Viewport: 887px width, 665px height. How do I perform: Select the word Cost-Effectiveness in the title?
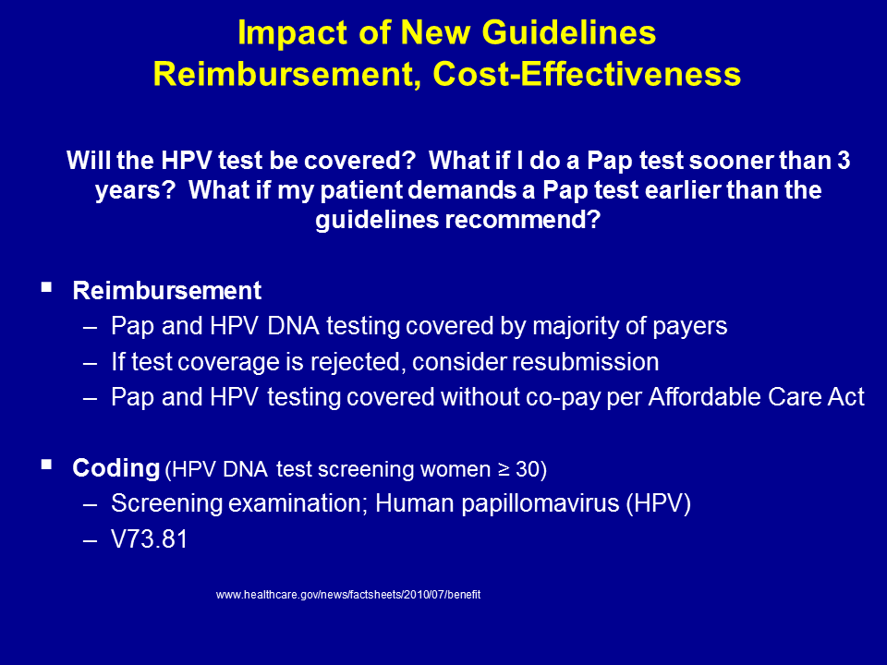coord(587,75)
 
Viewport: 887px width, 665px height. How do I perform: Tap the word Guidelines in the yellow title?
coord(569,32)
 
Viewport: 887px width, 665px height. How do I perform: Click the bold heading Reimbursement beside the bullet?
coord(167,291)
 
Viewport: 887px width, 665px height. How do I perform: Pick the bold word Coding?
coord(116,468)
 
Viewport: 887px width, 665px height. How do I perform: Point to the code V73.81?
coord(150,538)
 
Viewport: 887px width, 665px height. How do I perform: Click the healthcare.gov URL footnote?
coord(348,595)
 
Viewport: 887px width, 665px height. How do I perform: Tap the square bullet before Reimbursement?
coord(46,287)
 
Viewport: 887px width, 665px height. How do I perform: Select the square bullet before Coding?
coord(46,465)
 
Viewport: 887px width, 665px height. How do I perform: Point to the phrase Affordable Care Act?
coord(757,397)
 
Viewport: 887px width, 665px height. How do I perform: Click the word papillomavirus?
coord(541,503)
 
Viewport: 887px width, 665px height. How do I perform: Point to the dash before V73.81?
coord(90,539)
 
